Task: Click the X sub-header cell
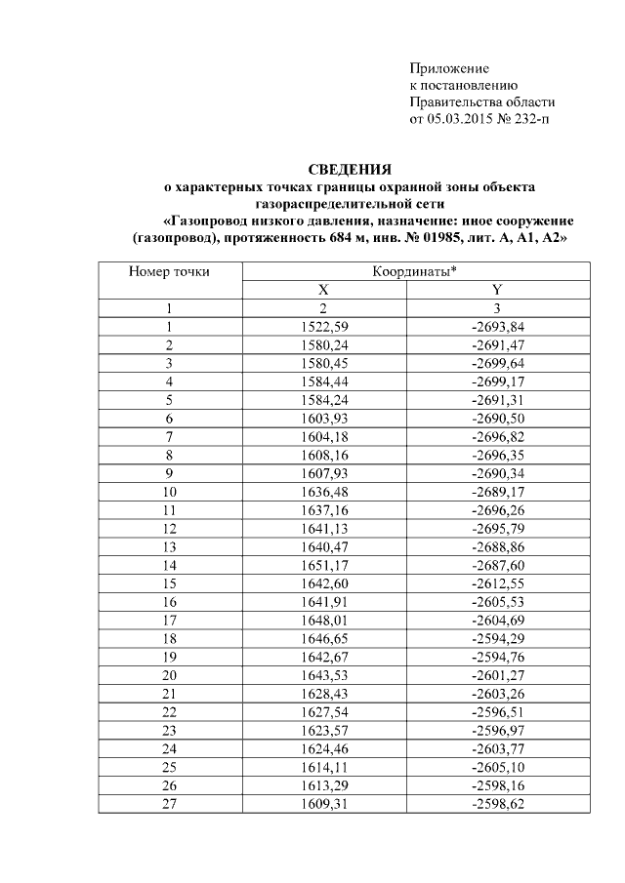[x=322, y=291]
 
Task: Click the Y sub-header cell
[x=497, y=291]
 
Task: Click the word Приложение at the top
[x=448, y=69]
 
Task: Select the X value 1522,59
[x=322, y=326]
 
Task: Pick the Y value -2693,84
[x=497, y=326]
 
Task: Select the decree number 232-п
[x=532, y=119]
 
